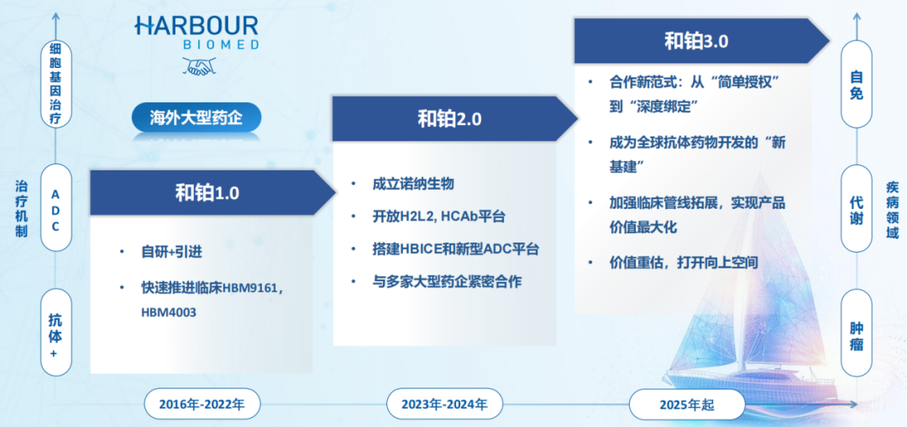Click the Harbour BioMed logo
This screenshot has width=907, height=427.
click(x=196, y=32)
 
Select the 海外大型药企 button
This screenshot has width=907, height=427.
click(x=196, y=117)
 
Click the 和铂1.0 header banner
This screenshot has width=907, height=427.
click(x=207, y=192)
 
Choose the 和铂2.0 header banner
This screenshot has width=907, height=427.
click(x=448, y=118)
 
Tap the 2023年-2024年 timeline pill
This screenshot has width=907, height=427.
click(x=444, y=404)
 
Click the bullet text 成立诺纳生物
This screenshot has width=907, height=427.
click(x=413, y=184)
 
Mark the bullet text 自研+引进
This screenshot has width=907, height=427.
click(x=171, y=251)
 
